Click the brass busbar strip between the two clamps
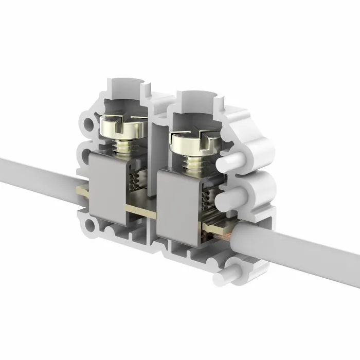140,210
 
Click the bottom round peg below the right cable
234,269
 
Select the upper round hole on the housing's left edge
91,123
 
